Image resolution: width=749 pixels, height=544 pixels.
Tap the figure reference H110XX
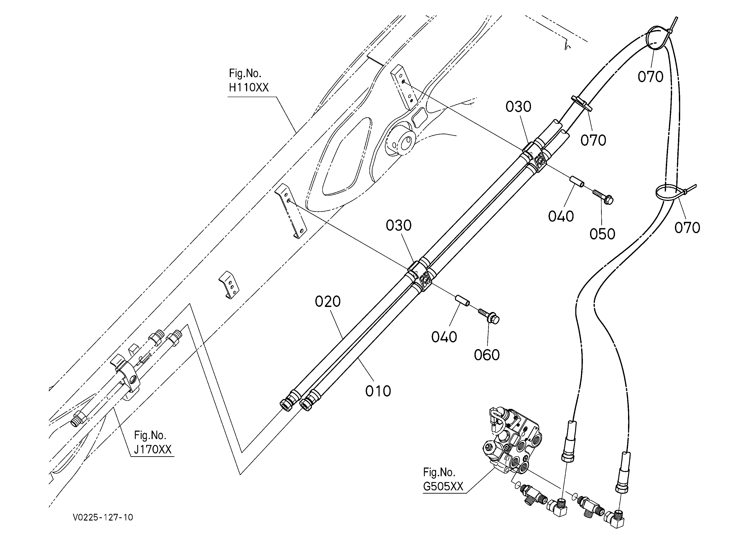pyautogui.click(x=249, y=87)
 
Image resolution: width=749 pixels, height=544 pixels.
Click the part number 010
pyautogui.click(x=378, y=391)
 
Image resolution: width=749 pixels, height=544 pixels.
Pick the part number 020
pyautogui.click(x=328, y=302)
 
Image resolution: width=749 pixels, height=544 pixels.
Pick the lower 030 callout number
pyautogui.click(x=399, y=226)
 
